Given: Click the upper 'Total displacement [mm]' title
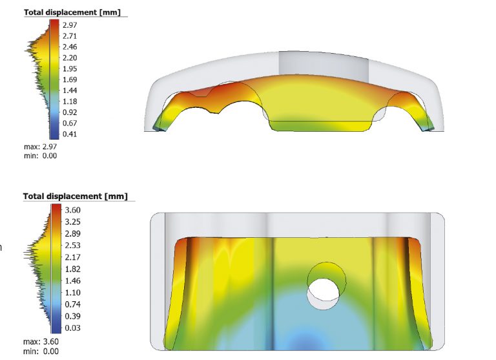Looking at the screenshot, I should [75, 12].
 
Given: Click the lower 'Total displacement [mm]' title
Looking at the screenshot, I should [75, 196].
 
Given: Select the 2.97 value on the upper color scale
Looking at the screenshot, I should [70, 25].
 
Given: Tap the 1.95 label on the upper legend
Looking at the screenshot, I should [70, 69].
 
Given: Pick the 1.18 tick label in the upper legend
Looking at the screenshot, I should [70, 101].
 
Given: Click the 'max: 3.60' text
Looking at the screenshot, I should [41, 342].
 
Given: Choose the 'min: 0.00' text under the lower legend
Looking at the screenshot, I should [40, 351].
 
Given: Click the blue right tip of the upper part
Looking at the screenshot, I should [428, 127].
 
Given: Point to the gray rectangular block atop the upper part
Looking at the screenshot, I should [323, 63].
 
